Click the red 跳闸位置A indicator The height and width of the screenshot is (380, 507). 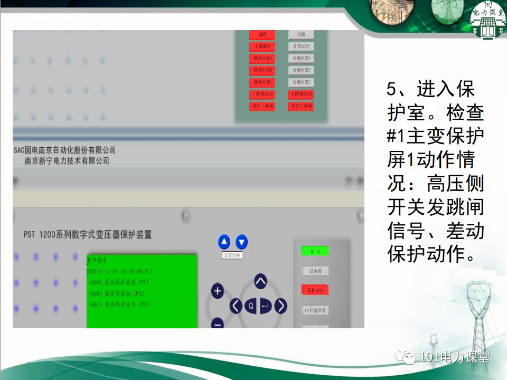coord(262,58)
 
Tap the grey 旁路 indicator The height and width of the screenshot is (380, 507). coord(301,34)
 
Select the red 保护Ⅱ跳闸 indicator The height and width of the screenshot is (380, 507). coord(301,106)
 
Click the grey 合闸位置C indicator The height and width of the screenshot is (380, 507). coord(301,82)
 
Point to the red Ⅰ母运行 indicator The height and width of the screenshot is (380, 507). coord(262,46)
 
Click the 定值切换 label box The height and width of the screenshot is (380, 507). coord(232,255)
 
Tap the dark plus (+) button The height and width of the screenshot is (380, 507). coord(218,291)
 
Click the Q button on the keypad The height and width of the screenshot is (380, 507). coord(251,306)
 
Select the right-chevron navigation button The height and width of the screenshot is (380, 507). coord(280,306)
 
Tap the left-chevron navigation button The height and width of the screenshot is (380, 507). coord(236,306)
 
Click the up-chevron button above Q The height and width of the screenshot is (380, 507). coord(260,281)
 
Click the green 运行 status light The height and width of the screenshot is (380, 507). coord(315,251)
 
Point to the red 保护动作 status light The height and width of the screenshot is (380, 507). coord(315,290)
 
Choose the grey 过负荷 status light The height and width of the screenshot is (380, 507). coord(315,271)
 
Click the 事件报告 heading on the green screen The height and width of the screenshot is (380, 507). coord(98,260)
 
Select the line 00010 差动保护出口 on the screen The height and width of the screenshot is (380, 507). coord(119,305)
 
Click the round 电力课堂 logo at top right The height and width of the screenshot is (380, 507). coord(487,20)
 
